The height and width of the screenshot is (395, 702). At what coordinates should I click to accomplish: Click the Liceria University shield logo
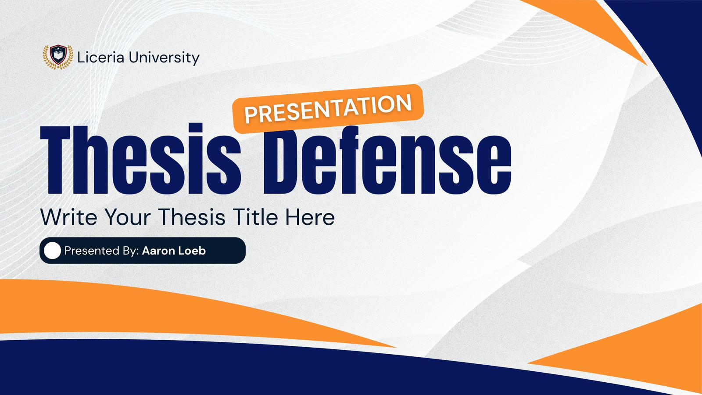point(58,57)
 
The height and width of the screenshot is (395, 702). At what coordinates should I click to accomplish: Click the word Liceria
point(100,57)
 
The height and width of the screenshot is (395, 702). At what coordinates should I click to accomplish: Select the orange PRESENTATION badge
point(328,109)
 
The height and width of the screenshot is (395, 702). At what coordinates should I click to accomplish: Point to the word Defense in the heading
point(388,160)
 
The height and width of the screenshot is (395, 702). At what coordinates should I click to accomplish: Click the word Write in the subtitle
point(68,217)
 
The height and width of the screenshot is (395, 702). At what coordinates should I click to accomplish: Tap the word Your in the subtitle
point(128,217)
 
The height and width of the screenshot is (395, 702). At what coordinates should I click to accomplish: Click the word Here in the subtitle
point(310,217)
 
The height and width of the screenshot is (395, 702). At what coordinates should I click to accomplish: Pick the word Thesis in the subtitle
point(191,217)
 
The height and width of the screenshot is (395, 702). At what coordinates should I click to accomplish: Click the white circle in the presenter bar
point(52,251)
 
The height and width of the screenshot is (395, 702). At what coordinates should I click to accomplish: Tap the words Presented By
point(101,251)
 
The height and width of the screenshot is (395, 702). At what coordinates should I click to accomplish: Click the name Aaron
point(158,251)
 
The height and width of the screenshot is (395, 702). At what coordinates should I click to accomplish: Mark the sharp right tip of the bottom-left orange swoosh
point(397,347)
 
